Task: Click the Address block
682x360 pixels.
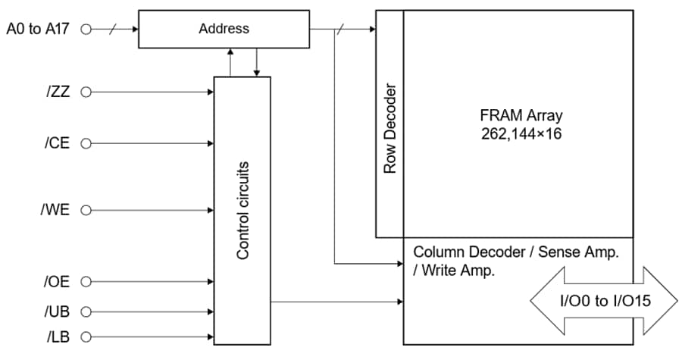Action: pos(224,30)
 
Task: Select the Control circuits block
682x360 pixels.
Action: pos(242,210)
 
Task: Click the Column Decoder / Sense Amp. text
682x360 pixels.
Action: pos(516,252)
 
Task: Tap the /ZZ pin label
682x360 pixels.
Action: pos(58,92)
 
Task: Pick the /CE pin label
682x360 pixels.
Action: pos(58,143)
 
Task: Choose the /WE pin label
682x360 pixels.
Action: pos(56,210)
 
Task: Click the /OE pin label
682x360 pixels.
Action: pos(57,282)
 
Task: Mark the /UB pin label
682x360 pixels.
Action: pos(58,311)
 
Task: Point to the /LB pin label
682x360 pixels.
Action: pos(58,337)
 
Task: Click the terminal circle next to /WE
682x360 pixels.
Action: pos(86,210)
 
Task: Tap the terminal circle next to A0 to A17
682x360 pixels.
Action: pos(86,30)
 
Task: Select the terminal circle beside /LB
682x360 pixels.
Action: pos(86,337)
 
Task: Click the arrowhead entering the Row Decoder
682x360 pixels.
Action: pos(371,30)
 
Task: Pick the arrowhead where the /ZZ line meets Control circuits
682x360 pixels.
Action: pos(211,92)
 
